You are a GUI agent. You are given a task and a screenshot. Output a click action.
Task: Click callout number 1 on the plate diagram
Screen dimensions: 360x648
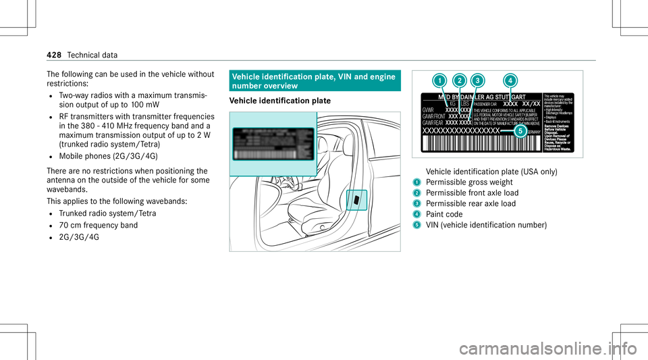click(x=439, y=81)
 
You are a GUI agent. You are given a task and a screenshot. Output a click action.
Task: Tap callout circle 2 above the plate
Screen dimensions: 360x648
click(x=460, y=81)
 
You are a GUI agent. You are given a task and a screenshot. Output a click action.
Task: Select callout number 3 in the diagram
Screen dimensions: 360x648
click(x=477, y=81)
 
